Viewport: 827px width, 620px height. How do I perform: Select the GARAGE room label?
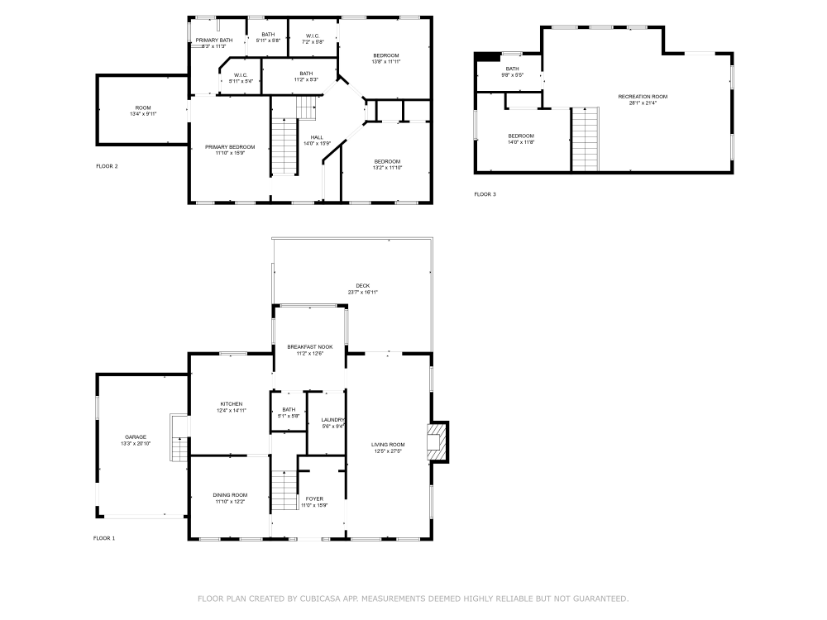[x=136, y=437]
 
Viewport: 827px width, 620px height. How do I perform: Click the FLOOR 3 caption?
[x=485, y=194]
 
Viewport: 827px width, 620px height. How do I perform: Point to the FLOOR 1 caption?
[x=104, y=537]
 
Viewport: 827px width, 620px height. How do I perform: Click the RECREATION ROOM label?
[x=643, y=97]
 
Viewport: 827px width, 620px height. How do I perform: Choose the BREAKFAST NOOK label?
[x=310, y=346]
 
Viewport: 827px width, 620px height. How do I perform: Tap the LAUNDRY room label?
[x=332, y=420]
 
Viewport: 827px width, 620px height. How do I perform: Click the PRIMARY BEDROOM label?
[x=230, y=146]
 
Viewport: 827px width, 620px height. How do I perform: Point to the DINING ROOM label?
[x=230, y=494]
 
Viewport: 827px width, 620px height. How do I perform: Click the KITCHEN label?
[x=231, y=403]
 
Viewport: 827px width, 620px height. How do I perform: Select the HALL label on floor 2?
[x=317, y=137]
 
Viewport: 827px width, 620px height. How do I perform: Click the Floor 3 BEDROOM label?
[x=521, y=136]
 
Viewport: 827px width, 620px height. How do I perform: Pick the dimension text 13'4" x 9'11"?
[x=143, y=114]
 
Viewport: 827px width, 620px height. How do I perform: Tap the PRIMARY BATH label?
[x=214, y=41]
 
